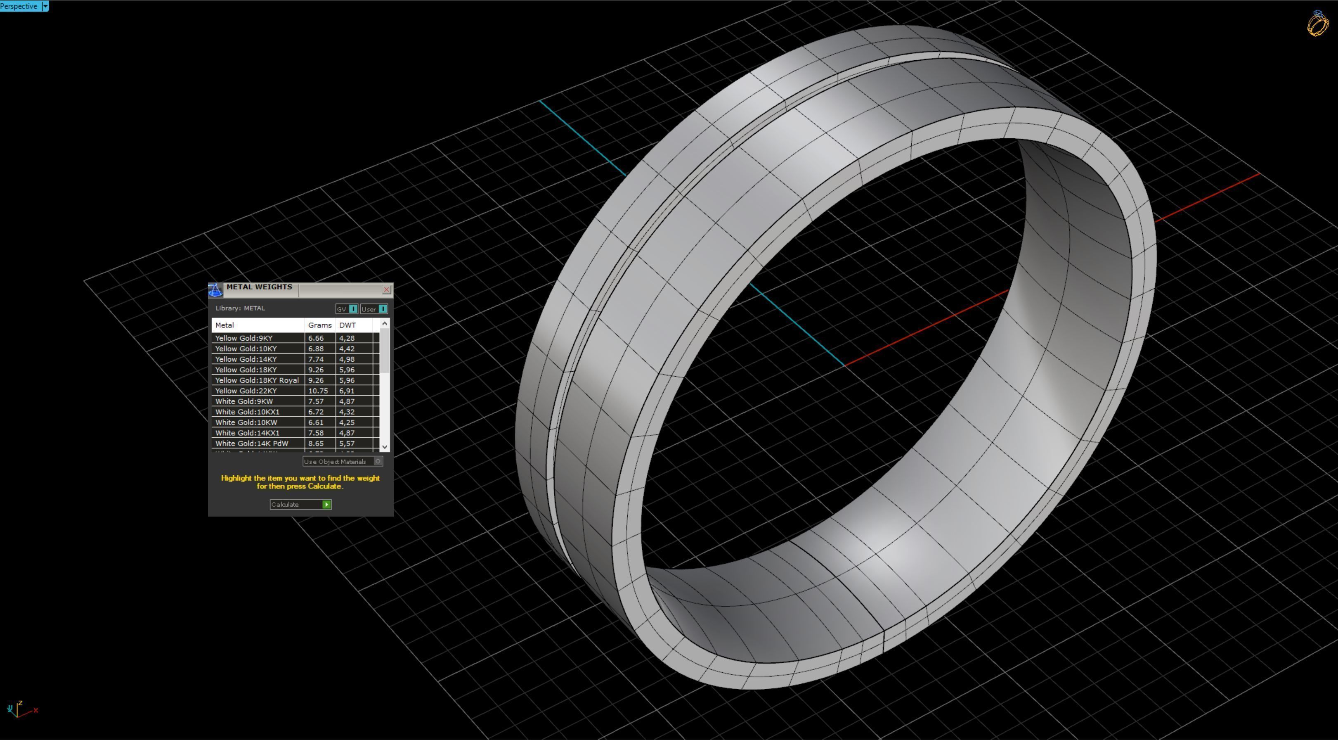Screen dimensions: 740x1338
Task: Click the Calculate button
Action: pyautogui.click(x=300, y=505)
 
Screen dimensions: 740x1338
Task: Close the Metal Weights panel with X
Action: pyautogui.click(x=386, y=289)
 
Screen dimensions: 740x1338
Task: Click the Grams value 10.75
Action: pyautogui.click(x=317, y=391)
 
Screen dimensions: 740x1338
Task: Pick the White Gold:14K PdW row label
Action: pyautogui.click(x=251, y=443)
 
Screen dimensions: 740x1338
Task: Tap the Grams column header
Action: pyautogui.click(x=319, y=325)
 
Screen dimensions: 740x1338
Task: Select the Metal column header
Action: pyautogui.click(x=225, y=325)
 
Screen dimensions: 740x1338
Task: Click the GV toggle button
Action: pyautogui.click(x=346, y=309)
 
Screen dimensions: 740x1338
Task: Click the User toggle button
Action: pyautogui.click(x=374, y=309)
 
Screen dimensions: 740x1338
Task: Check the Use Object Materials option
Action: pyautogui.click(x=378, y=461)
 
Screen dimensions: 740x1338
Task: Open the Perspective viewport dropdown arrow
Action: pyautogui.click(x=45, y=6)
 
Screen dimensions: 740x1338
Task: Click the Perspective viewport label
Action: pyautogui.click(x=19, y=6)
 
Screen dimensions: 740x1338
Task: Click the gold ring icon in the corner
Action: pyautogui.click(x=1318, y=24)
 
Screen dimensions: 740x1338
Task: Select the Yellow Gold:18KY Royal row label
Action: pyautogui.click(x=257, y=380)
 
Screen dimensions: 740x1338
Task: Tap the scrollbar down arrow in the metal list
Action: pyautogui.click(x=384, y=446)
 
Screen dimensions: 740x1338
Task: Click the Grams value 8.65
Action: pyautogui.click(x=316, y=443)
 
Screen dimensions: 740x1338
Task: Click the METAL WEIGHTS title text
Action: pyautogui.click(x=259, y=287)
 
